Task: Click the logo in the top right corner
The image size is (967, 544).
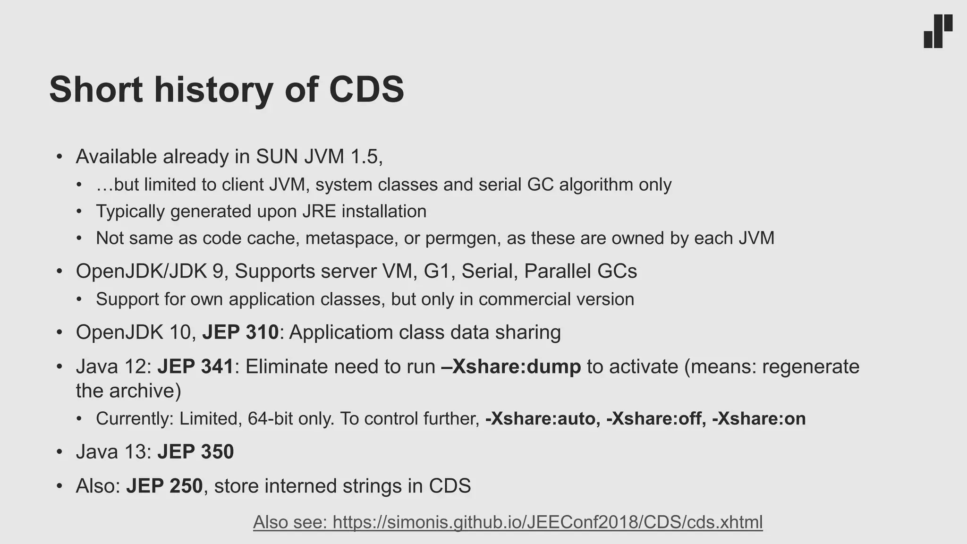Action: point(938,31)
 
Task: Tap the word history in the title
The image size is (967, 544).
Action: point(213,89)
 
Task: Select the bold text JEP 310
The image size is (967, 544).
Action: point(240,332)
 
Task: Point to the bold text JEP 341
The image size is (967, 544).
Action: point(195,366)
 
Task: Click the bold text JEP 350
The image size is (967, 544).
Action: point(195,452)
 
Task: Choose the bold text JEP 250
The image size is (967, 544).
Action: point(164,486)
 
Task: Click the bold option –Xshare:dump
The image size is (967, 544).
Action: point(511,366)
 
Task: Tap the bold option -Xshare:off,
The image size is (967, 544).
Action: point(656,419)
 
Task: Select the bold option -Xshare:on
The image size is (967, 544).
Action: point(758,419)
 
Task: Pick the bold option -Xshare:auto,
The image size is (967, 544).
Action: point(543,419)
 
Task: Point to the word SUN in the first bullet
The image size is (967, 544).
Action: point(277,156)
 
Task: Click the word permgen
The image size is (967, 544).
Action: point(463,238)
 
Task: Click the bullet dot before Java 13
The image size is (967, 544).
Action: point(59,452)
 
